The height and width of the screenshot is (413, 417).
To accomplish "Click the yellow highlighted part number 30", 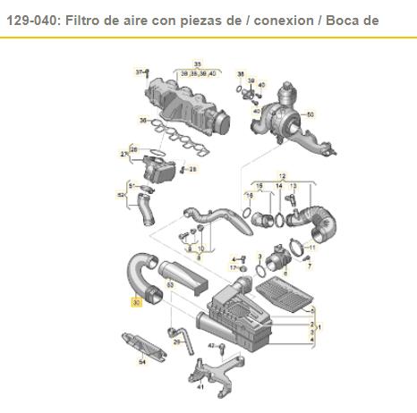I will [136, 303].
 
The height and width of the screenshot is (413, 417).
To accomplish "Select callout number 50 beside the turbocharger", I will [310, 114].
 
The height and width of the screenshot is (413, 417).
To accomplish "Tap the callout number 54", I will [140, 362].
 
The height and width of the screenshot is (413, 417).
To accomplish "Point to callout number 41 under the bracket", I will [200, 388].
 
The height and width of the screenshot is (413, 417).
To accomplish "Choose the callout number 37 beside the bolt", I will [138, 70].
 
